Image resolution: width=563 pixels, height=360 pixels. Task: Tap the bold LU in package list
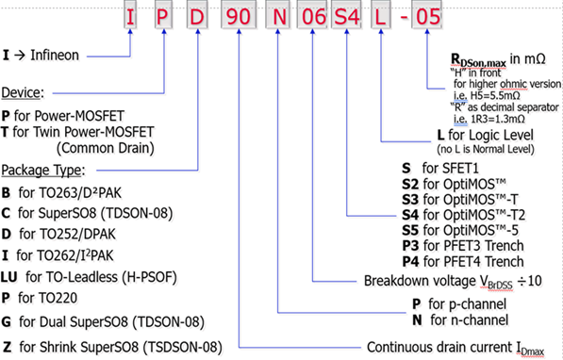pyautogui.click(x=12, y=277)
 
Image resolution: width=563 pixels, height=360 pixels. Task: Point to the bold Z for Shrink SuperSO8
pyautogui.click(x=8, y=345)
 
